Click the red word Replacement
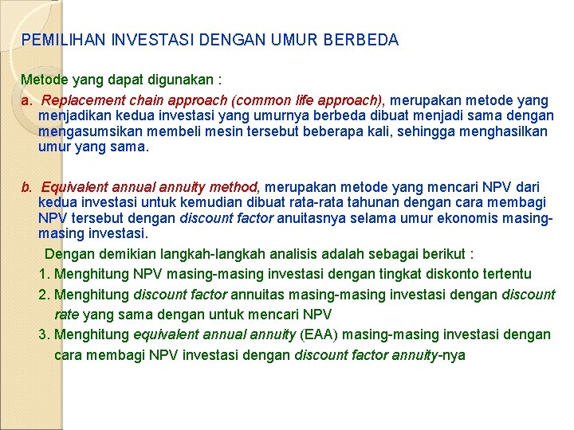[83, 100]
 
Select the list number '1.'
[44, 275]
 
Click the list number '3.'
[44, 334]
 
